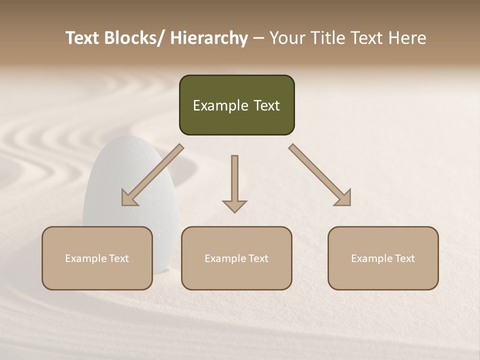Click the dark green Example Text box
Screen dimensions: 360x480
(x=236, y=105)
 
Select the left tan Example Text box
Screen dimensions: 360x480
(x=97, y=258)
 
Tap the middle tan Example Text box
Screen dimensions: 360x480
(x=236, y=258)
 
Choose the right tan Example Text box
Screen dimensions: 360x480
(x=383, y=258)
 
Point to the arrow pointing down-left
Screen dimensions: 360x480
(x=152, y=175)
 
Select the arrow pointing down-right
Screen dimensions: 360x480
(x=320, y=175)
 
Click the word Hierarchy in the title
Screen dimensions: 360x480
(x=209, y=38)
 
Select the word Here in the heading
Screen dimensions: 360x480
(x=407, y=38)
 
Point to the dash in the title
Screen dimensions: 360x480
(x=258, y=38)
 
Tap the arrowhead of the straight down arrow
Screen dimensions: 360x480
(x=234, y=205)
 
